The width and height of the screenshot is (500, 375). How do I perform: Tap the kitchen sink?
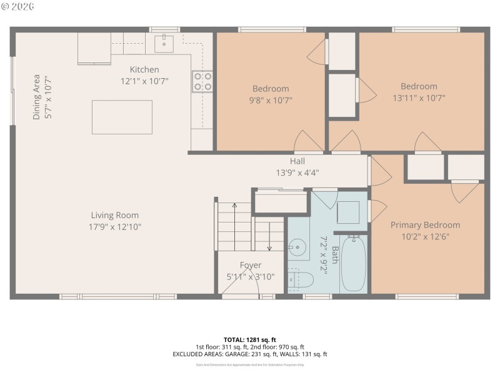click(164, 44)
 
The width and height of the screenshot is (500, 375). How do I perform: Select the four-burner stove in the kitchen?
click(202, 81)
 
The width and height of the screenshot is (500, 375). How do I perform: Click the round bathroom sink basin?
click(299, 248)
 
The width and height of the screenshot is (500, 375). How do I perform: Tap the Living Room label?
click(114, 216)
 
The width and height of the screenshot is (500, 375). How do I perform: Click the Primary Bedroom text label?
click(425, 225)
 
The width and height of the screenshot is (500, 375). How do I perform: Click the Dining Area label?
click(36, 97)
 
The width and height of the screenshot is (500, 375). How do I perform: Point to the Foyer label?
click(251, 266)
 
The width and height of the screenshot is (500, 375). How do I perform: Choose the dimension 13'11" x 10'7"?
click(419, 97)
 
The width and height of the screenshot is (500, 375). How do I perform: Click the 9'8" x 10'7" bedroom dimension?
click(271, 99)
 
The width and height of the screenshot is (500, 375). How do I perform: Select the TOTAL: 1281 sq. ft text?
click(249, 339)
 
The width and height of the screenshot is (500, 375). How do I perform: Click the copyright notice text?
click(19, 6)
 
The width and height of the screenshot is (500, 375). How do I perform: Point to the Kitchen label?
click(144, 69)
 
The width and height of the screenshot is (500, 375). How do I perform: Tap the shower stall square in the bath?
click(348, 212)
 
